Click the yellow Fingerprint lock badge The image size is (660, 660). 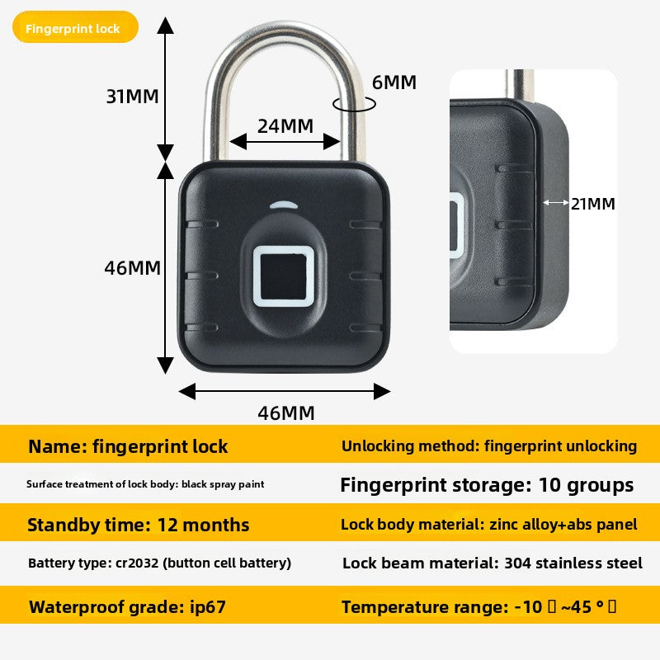(74, 28)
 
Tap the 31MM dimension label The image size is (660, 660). (132, 96)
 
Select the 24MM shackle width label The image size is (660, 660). (285, 126)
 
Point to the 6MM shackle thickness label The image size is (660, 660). (394, 82)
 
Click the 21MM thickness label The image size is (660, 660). (593, 204)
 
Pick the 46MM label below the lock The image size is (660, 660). (285, 413)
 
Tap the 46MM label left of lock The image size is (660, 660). (132, 268)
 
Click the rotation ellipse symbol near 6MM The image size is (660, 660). (353, 104)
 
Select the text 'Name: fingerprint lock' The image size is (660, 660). (128, 447)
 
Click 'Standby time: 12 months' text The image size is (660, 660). (138, 525)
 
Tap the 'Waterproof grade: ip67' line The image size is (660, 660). (127, 608)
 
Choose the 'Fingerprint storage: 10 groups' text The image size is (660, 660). (487, 484)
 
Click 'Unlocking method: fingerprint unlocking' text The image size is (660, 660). (489, 446)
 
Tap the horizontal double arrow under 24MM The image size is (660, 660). (285, 142)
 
